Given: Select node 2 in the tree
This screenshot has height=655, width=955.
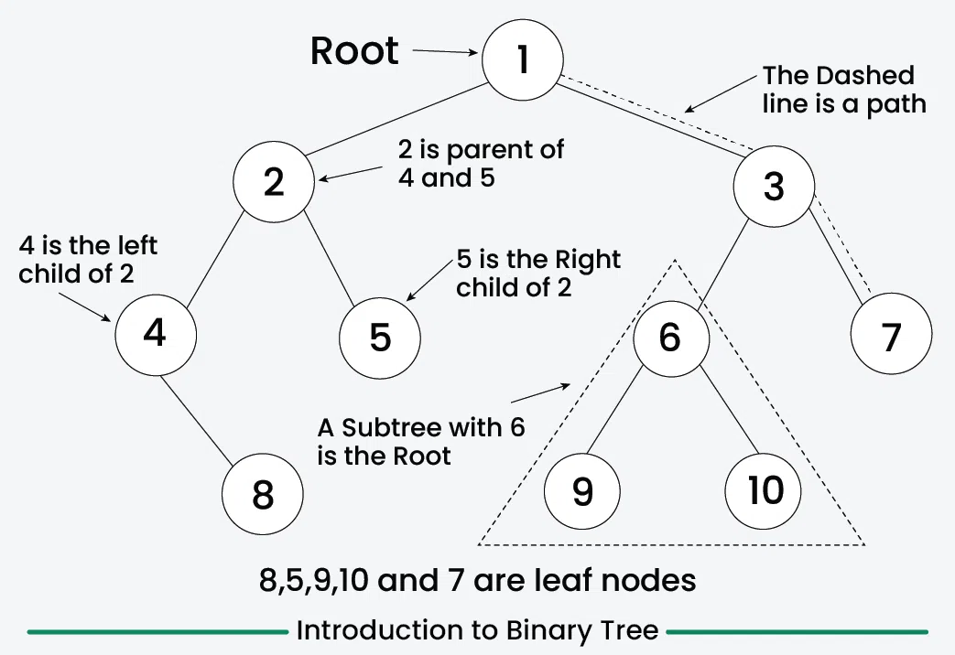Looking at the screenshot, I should (273, 183).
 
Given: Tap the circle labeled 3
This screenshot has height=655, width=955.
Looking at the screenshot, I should (774, 187).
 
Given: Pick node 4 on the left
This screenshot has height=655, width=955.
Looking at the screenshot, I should (156, 333).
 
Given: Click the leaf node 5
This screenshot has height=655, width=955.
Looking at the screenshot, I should (380, 338).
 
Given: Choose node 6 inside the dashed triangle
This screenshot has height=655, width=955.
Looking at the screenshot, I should (671, 338).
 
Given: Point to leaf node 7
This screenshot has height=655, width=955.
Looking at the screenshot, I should (891, 338).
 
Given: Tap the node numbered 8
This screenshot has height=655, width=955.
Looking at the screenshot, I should (262, 495).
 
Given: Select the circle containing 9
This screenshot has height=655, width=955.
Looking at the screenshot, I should (582, 491).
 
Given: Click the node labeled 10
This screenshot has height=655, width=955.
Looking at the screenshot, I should (764, 491).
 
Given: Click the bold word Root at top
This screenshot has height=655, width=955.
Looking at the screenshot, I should (354, 51).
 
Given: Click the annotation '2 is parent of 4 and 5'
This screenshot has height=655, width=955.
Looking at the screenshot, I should (481, 163).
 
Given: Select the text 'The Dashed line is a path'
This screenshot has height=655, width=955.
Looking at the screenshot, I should (843, 90).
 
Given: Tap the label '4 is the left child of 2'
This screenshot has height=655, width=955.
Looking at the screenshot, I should (88, 260).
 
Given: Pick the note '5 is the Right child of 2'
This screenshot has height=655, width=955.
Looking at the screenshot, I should (538, 273).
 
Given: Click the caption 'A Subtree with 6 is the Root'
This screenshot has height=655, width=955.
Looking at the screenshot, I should (421, 441).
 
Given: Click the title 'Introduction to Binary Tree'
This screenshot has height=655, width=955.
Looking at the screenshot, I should (477, 630).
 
